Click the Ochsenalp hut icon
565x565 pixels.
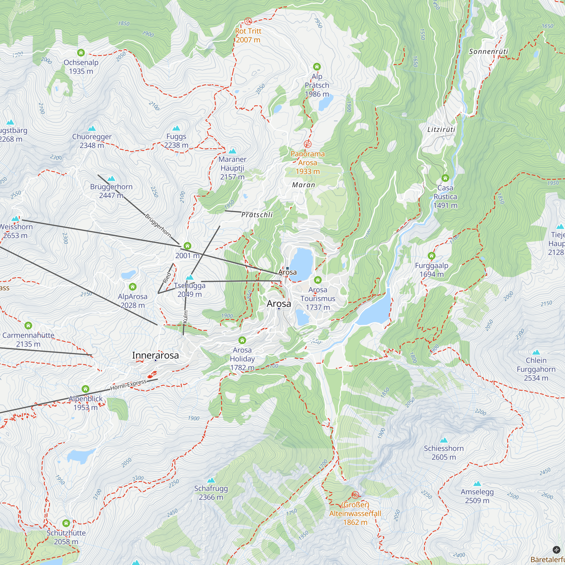click(81, 53)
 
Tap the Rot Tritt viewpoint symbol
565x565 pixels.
click(248, 21)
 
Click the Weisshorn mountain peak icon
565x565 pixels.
click(15, 218)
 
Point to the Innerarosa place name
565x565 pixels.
click(155, 355)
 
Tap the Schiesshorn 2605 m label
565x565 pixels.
click(444, 453)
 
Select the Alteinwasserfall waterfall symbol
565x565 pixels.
click(355, 495)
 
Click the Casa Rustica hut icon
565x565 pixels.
click(445, 178)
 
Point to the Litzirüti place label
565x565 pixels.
click(441, 129)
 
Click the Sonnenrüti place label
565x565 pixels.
click(488, 51)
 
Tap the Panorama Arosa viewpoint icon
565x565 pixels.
click(307, 144)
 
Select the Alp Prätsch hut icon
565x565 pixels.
click(317, 67)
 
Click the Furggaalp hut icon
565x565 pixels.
click(431, 256)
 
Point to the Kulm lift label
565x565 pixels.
click(185, 317)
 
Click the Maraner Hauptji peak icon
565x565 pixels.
click(232, 151)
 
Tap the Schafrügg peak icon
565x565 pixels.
click(211, 480)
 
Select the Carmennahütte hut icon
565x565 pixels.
click(28, 325)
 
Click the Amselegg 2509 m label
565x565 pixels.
click(477, 496)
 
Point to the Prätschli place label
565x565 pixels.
click(257, 215)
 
